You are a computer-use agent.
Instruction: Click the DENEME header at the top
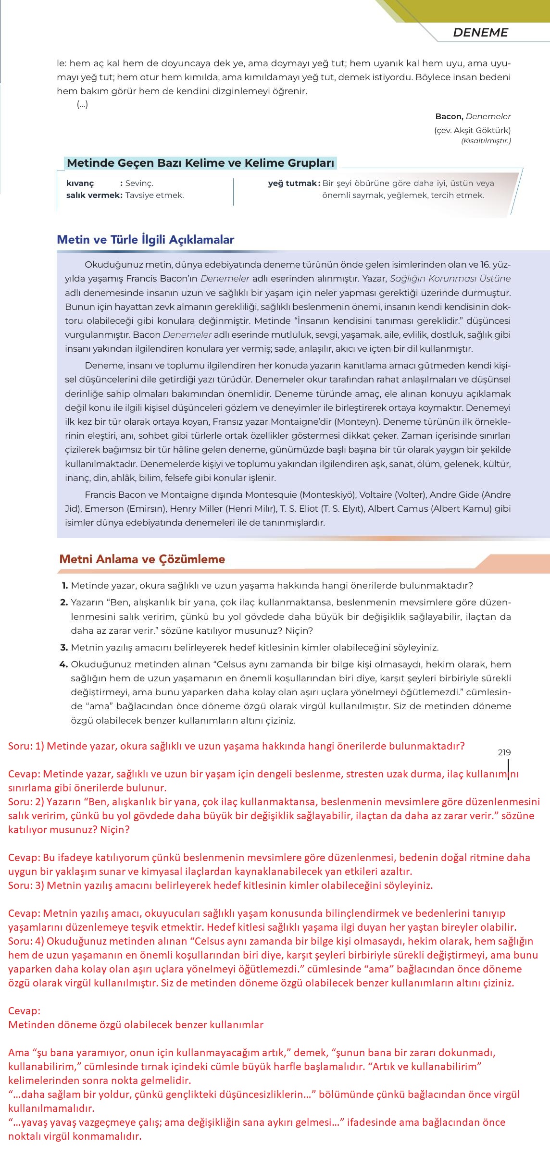click(480, 32)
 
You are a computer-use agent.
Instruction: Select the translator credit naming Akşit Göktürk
click(472, 130)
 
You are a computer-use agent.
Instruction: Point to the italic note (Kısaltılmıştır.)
click(486, 141)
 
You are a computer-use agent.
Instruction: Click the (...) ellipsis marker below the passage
click(82, 104)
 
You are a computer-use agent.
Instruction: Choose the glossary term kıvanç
click(80, 183)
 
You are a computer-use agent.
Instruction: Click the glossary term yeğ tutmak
click(293, 183)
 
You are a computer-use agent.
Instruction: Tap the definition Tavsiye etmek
click(154, 195)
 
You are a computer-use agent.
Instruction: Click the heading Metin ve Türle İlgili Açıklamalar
click(145, 239)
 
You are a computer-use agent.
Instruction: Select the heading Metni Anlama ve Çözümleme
click(142, 559)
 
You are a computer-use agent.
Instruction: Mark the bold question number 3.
click(63, 647)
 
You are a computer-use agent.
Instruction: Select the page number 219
click(504, 752)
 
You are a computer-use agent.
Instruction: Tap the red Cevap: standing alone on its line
click(24, 1010)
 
